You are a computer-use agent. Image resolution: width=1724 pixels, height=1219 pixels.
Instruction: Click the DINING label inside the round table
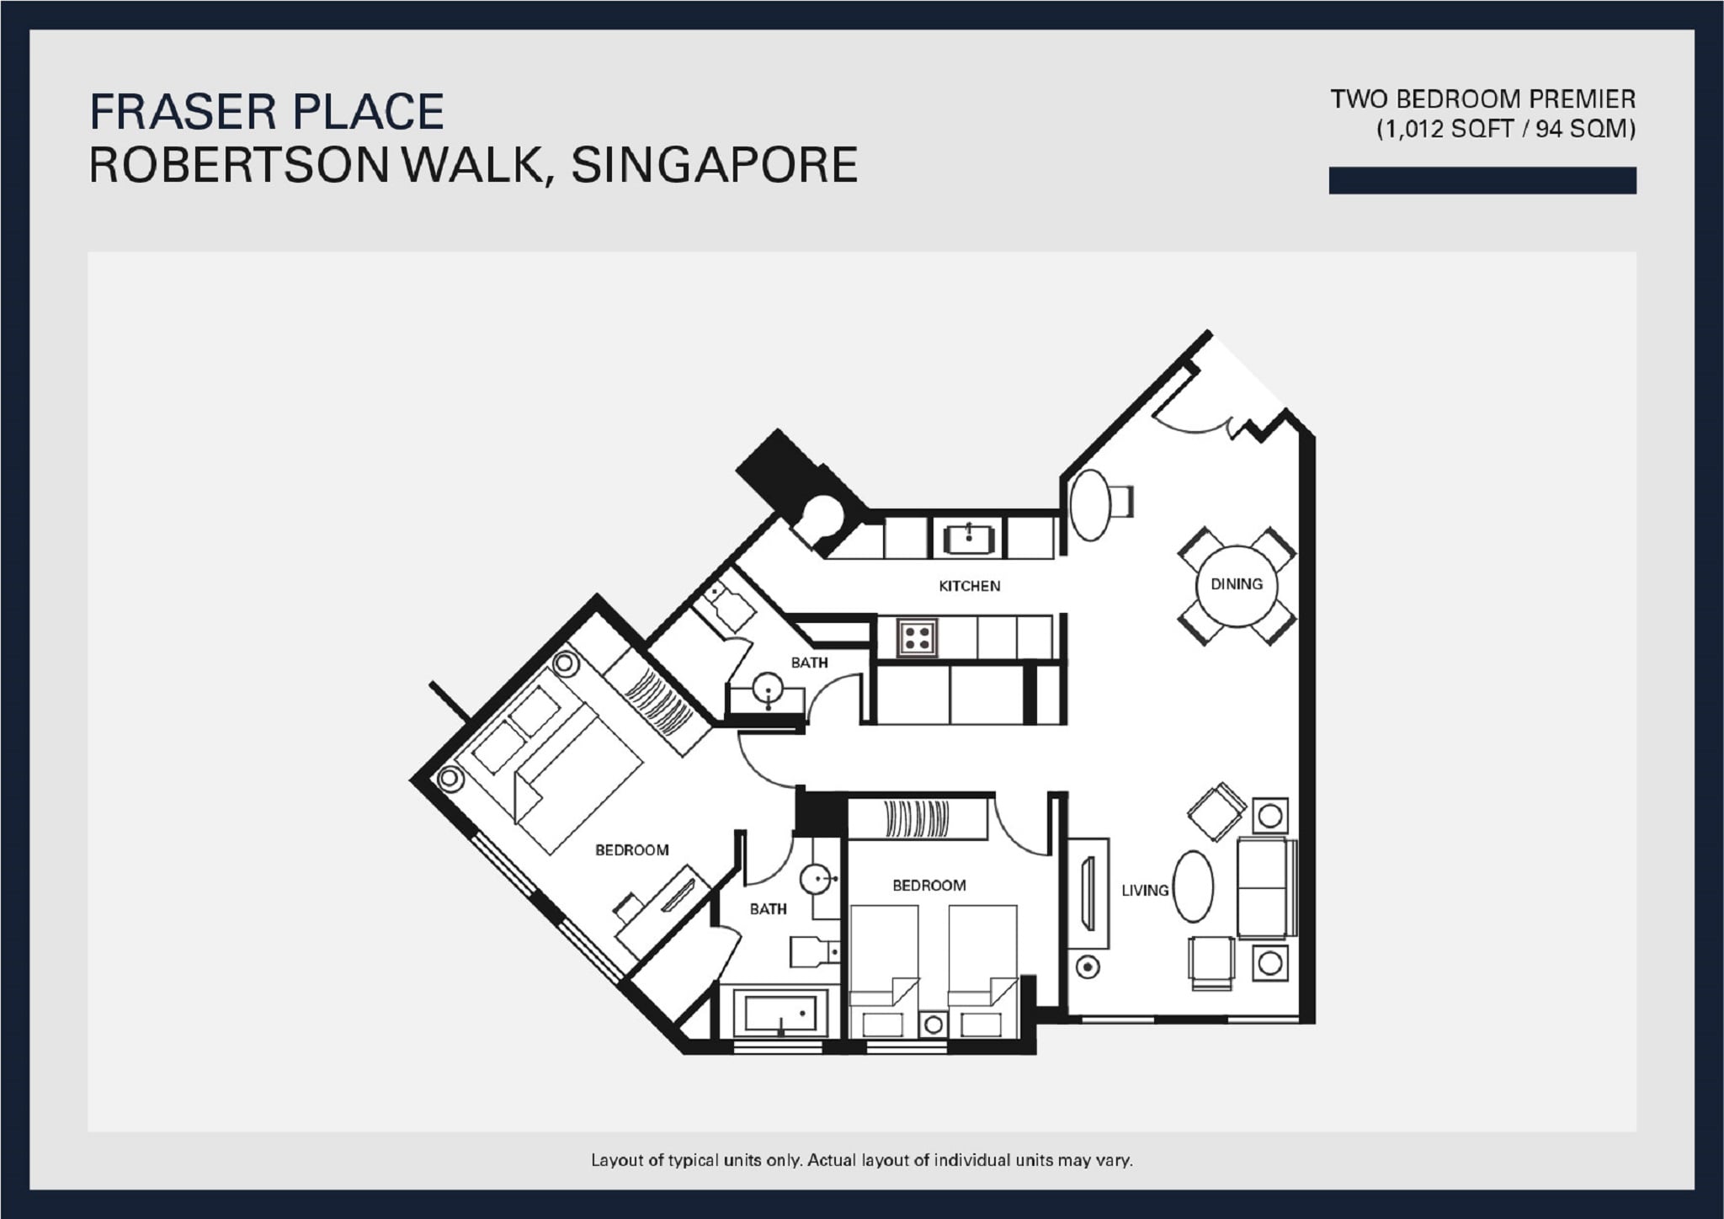1236,583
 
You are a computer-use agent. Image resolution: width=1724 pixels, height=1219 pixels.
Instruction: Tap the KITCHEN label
969,586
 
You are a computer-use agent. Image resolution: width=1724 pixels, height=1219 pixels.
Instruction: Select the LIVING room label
1145,890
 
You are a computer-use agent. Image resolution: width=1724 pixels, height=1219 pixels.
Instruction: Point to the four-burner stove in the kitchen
918,637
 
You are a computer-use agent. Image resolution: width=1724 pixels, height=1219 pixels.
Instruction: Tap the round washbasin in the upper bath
768,689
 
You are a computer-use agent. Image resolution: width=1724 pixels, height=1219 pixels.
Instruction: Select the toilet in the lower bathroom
812,951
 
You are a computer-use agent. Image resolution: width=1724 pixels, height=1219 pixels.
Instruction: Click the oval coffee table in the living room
1193,886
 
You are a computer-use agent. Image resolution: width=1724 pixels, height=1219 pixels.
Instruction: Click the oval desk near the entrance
1090,505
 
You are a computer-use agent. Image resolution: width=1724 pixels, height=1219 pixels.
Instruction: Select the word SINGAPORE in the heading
714,165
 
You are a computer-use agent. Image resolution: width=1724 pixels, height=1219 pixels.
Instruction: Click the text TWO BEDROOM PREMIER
1482,99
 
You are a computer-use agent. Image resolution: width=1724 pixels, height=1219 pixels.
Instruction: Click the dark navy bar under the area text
1482,180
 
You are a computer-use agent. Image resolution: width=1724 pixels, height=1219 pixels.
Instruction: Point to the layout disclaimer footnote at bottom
861,1160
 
